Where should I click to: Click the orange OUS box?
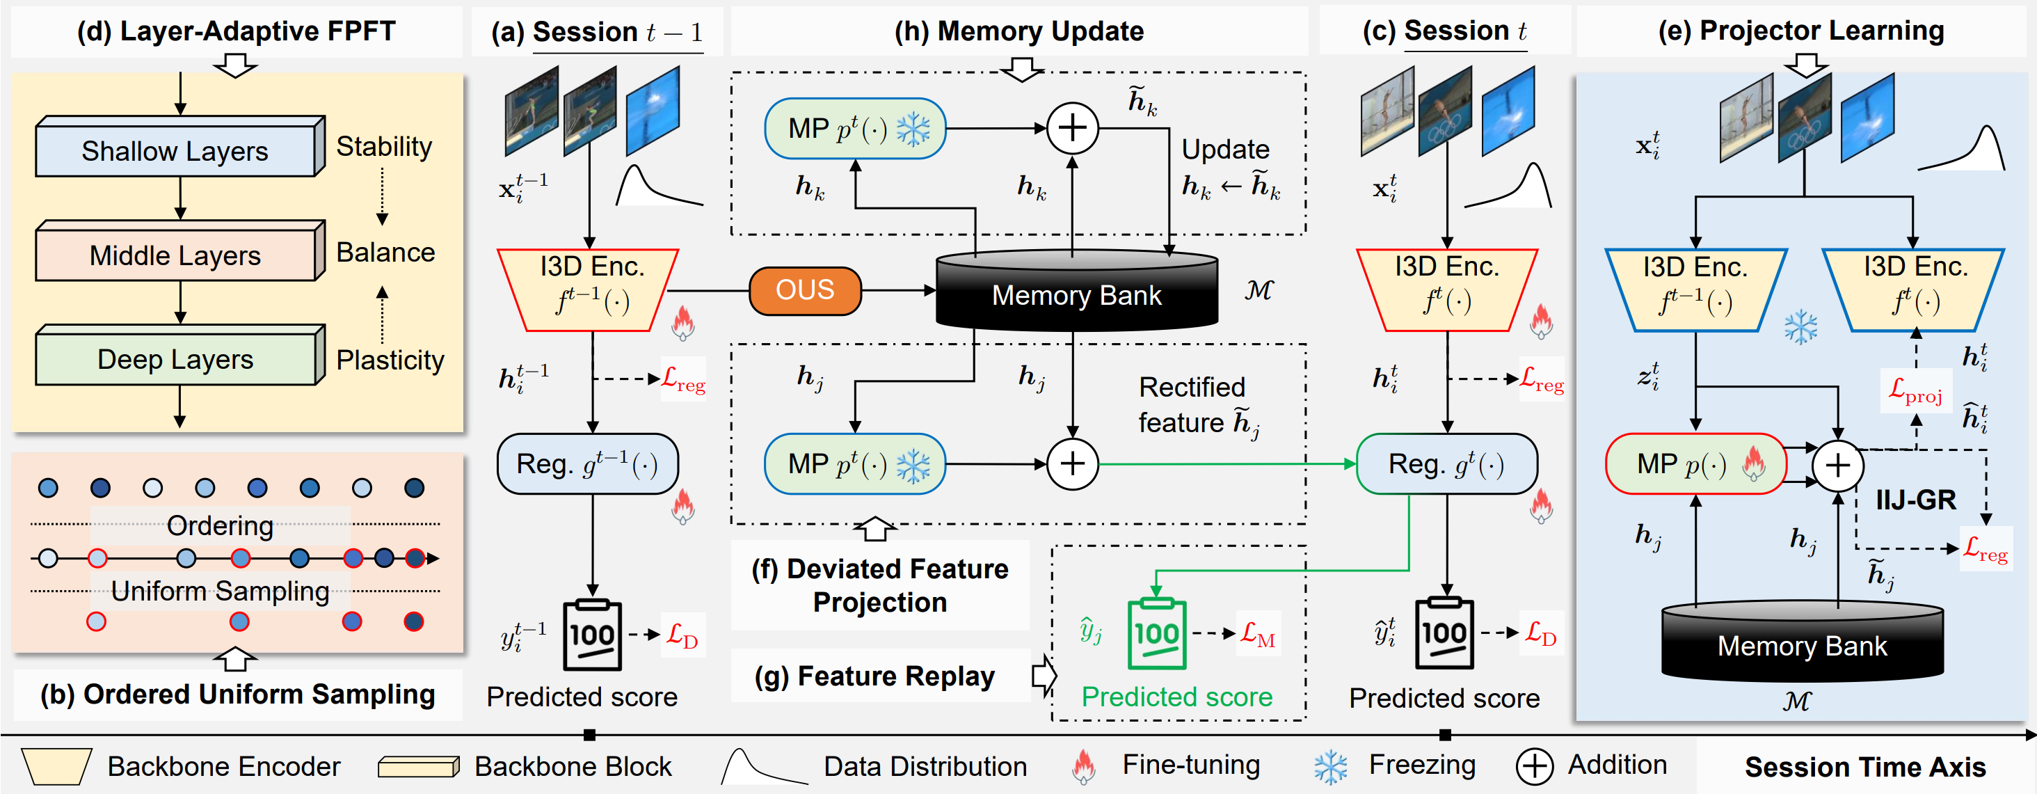pyautogui.click(x=805, y=290)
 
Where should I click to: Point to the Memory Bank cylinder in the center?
pyautogui.click(x=1076, y=290)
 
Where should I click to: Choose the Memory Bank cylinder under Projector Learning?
pyautogui.click(x=1802, y=642)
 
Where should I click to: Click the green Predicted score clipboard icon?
pyautogui.click(x=1156, y=633)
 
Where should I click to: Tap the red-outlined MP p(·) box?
pyautogui.click(x=1695, y=463)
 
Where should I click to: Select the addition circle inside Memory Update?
pyautogui.click(x=1072, y=128)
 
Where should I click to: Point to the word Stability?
pyautogui.click(x=384, y=146)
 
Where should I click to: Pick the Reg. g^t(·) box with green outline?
pyautogui.click(x=1446, y=463)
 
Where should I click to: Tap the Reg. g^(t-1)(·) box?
pyautogui.click(x=588, y=463)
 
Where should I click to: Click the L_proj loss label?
pyautogui.click(x=1915, y=390)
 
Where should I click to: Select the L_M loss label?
pyautogui.click(x=1257, y=633)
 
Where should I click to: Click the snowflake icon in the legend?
pyautogui.click(x=1331, y=765)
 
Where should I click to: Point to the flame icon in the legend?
pyautogui.click(x=1083, y=765)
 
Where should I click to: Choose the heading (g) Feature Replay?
pyautogui.click(x=874, y=676)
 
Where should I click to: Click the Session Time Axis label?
pyautogui.click(x=1865, y=767)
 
